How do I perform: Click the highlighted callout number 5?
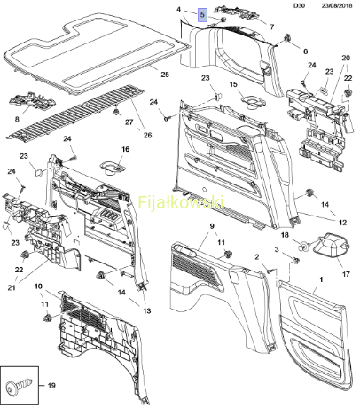(202, 15)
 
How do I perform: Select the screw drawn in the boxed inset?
(19, 388)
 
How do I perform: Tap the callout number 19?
(51, 386)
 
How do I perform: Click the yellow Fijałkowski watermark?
(181, 202)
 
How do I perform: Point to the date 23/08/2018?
(337, 5)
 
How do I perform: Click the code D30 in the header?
(299, 5)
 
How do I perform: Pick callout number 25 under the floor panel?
(165, 74)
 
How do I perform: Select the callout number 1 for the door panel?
(322, 279)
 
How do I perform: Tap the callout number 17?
(346, 274)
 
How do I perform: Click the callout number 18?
(285, 235)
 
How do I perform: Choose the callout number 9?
(212, 226)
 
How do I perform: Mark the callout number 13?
(147, 310)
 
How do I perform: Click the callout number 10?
(38, 286)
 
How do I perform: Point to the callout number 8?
(17, 119)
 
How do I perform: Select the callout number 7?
(272, 27)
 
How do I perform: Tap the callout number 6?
(305, 51)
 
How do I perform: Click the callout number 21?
(12, 287)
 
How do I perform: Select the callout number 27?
(129, 122)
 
